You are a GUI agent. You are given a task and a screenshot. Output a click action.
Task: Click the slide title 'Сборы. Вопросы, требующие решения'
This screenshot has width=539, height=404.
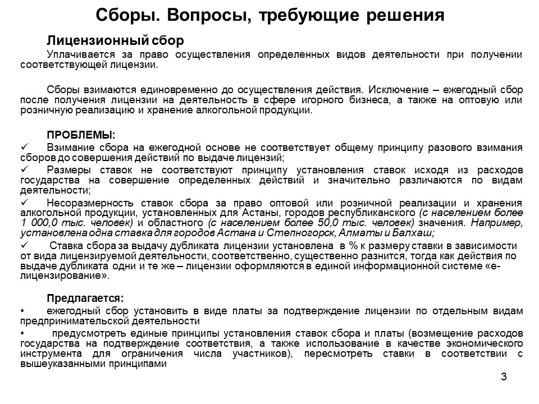coord(269,15)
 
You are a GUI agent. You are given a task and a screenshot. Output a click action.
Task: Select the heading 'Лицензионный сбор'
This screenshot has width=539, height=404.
coord(115,41)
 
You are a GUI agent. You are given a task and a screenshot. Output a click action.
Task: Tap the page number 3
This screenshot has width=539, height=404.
coord(504,377)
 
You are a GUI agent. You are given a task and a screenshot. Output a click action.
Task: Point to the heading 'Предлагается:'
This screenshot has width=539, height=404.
coord(85,297)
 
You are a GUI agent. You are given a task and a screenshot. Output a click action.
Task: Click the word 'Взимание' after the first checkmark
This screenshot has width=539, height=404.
coord(68,148)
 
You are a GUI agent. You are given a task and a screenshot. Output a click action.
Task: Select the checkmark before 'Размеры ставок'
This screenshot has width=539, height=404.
coord(24,169)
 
